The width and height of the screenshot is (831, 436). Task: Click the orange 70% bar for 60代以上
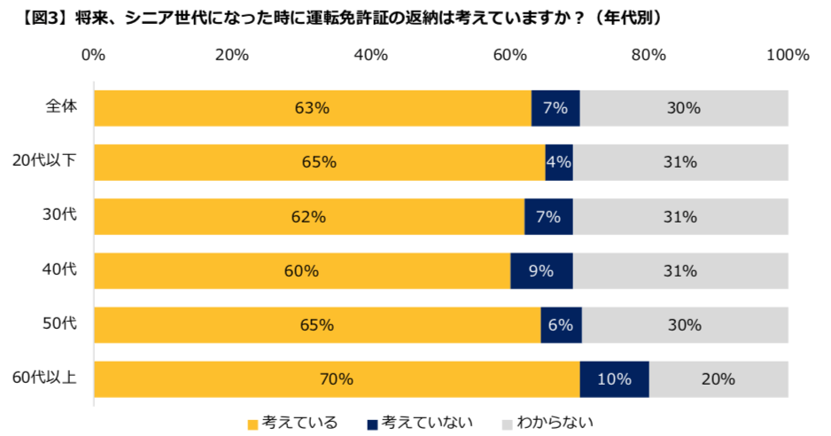(x=337, y=379)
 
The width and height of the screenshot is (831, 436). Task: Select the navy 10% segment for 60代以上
(x=614, y=379)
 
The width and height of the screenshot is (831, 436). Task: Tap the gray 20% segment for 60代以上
(x=718, y=379)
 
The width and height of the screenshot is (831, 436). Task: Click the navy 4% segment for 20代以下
(x=558, y=162)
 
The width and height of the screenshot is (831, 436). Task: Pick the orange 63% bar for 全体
(x=312, y=108)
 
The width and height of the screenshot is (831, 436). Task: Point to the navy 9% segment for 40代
(x=541, y=271)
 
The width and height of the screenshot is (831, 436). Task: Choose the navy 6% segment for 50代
(x=561, y=325)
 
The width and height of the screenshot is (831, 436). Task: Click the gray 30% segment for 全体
(x=683, y=108)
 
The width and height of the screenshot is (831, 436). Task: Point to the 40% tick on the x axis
(x=370, y=55)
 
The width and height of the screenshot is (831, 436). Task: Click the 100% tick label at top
(x=788, y=55)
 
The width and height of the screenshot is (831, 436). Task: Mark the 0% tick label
(x=93, y=55)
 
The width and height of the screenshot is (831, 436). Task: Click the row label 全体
(x=61, y=106)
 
